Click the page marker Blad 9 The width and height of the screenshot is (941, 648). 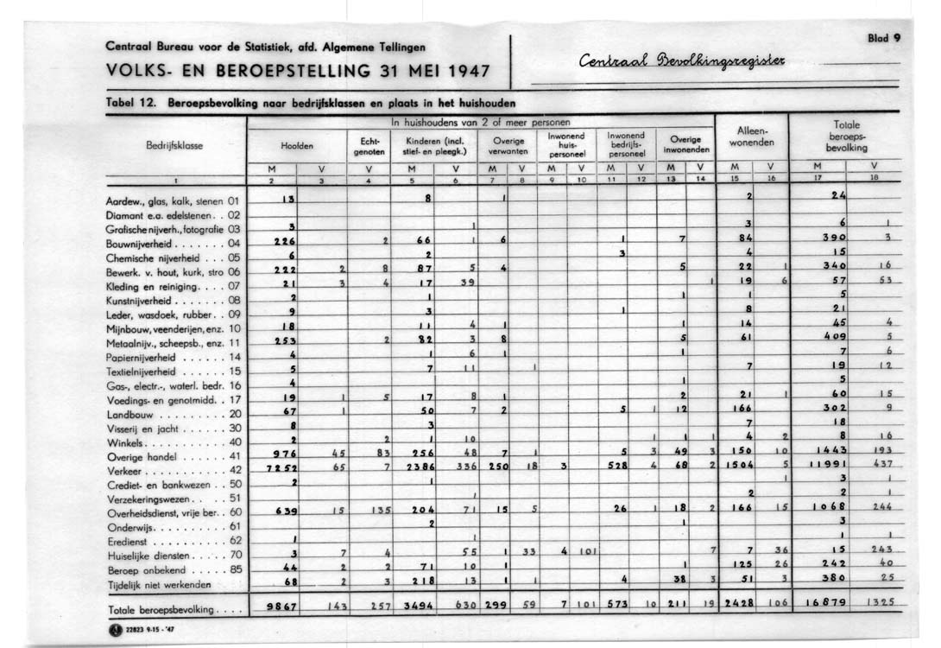tap(883, 38)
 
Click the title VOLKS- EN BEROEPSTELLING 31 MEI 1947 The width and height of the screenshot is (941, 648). tap(298, 69)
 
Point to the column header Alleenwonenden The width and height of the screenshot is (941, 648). tap(749, 137)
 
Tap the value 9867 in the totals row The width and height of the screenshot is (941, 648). tap(282, 607)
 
